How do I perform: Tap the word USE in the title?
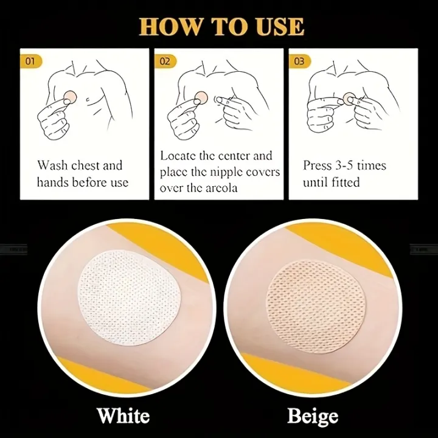pos(280,27)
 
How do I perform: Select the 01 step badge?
pos(31,61)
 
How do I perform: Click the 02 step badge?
pos(165,61)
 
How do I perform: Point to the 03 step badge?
pos(299,61)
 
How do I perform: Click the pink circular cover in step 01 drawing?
pos(70,97)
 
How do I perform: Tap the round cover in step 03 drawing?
pos(349,99)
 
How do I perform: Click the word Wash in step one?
pos(52,165)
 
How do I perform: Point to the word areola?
pos(221,188)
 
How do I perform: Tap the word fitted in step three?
pos(346,182)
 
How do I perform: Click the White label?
pos(123,415)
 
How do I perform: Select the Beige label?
pos(313,416)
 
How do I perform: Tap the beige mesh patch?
pos(316,307)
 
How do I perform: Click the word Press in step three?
pos(318,165)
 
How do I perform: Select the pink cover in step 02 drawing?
pos(201,98)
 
